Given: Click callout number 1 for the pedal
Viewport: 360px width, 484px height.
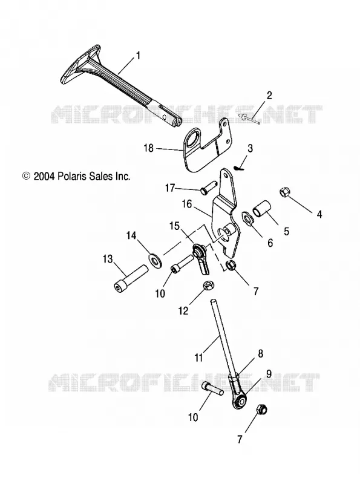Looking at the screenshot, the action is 138,56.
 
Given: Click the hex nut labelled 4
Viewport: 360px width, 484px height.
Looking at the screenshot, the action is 284,192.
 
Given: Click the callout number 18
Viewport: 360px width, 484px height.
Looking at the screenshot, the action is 148,148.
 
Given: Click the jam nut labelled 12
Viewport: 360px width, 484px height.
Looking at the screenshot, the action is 207,286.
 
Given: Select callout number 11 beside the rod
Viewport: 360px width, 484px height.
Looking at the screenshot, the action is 199,358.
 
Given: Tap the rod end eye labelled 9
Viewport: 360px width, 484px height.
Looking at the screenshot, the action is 241,402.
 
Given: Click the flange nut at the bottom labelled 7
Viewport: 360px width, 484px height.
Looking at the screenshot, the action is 262,410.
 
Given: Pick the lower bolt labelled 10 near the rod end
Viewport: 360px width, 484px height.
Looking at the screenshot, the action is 213,388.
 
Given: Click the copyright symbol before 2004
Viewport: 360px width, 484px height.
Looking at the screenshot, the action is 27,176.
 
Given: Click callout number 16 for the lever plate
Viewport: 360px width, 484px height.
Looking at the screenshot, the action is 187,204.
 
